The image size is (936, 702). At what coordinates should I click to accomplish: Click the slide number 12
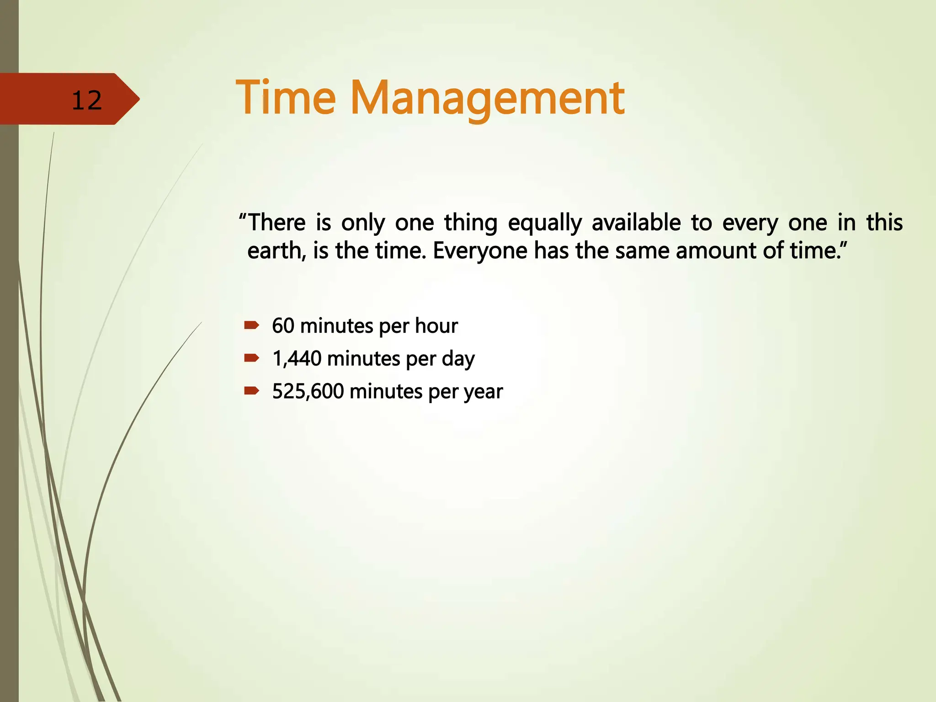point(86,100)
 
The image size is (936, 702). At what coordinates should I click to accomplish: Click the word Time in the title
point(286,98)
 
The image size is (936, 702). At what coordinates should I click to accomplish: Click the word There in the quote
point(277,223)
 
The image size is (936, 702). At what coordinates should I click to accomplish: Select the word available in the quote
point(636,223)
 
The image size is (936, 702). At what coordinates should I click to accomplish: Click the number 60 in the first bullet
point(283,326)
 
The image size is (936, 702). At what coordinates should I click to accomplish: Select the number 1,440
point(297,359)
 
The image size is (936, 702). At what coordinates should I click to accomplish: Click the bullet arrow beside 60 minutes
point(251,325)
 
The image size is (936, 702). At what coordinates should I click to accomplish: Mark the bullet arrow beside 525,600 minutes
point(251,391)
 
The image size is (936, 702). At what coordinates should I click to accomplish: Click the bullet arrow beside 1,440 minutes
point(251,358)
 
